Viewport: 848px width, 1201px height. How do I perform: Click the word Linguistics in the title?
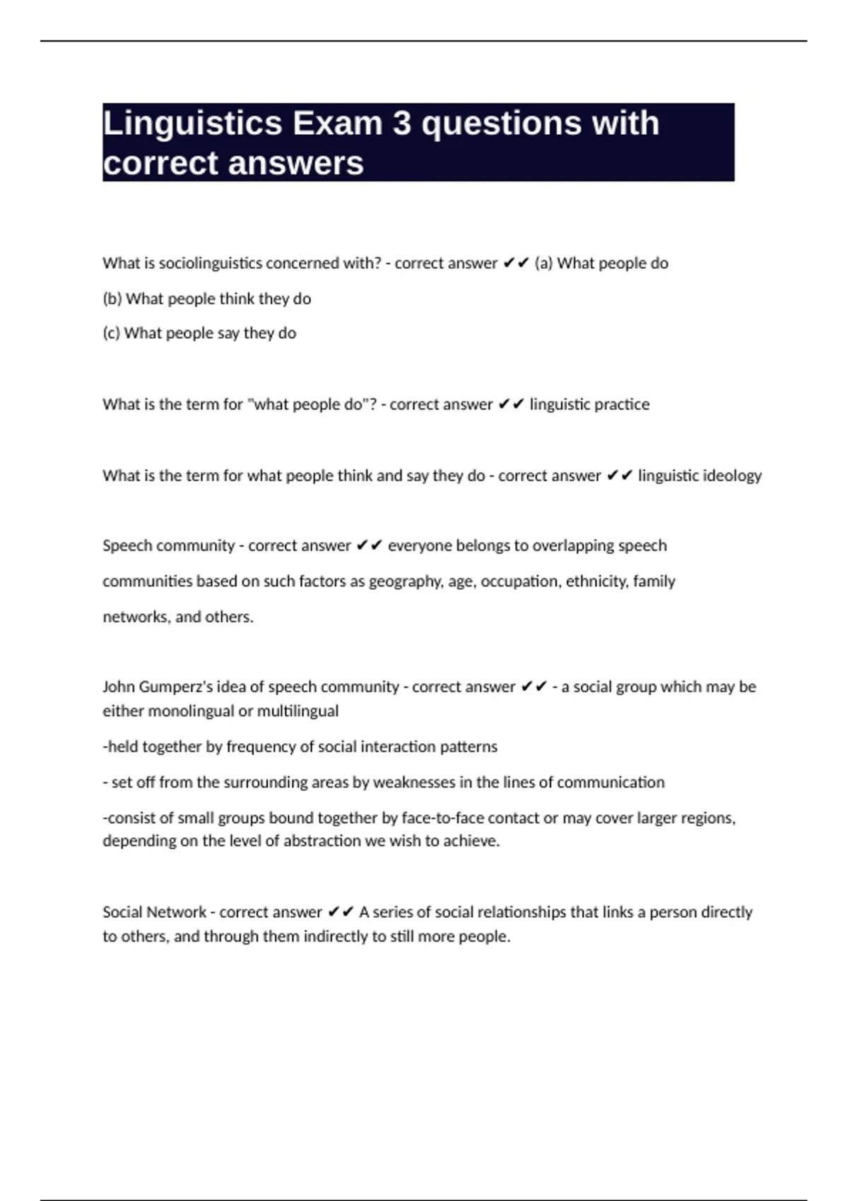coord(192,124)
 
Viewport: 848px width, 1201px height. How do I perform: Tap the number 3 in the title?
coord(402,124)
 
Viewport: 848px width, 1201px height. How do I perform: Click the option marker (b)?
coord(112,299)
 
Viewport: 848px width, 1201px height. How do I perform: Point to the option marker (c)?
coord(112,333)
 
